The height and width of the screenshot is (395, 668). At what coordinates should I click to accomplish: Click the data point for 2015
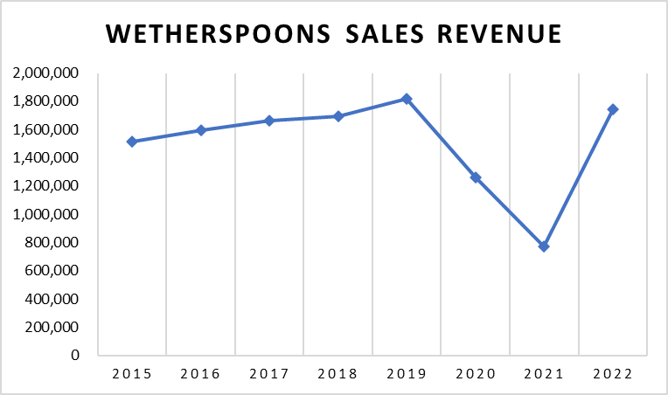[131, 142]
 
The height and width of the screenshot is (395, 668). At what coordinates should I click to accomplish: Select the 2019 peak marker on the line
[407, 99]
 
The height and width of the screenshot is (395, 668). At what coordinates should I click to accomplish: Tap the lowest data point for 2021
[544, 246]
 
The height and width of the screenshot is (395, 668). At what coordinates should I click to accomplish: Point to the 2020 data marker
[476, 177]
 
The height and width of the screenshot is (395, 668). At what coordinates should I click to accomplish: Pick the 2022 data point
[613, 109]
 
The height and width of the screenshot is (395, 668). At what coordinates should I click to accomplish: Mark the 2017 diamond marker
[269, 121]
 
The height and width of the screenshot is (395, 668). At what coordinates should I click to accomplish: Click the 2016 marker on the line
[200, 130]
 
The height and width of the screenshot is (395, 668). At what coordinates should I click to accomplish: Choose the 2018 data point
[337, 116]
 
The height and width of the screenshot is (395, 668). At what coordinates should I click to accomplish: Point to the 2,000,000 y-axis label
[49, 73]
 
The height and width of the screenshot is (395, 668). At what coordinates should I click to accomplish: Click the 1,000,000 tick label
[49, 214]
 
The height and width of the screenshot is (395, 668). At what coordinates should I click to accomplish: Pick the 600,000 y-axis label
[56, 271]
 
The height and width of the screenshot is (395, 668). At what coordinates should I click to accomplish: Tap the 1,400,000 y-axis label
[49, 158]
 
